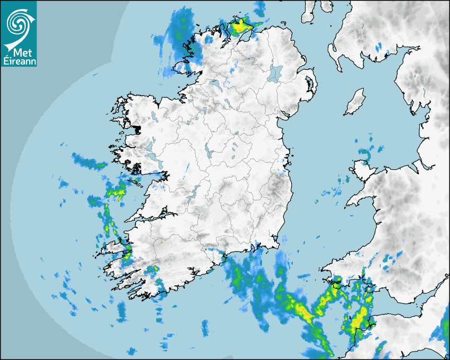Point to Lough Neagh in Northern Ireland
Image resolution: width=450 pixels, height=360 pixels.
pyautogui.click(x=275, y=73)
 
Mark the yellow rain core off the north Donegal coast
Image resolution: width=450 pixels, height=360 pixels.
pyautogui.click(x=241, y=25)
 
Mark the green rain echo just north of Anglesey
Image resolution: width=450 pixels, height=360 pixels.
pyautogui.click(x=364, y=152)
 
